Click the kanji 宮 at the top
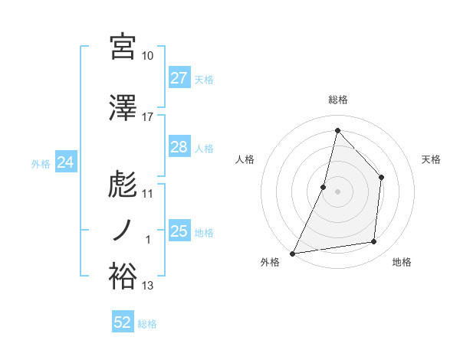123,47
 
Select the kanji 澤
123,109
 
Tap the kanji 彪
123,185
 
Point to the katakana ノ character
123,231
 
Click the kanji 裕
123,277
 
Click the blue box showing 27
179,78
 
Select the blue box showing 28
179,147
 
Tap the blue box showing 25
179,231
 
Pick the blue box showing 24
65,162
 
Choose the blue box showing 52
123,322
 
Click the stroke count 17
148,117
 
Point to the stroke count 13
148,286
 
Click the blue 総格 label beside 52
147,324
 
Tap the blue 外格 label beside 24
41,163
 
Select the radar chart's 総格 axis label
337,100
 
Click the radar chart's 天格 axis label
432,159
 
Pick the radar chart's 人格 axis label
245,159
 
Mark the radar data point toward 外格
292,253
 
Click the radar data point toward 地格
374,242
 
